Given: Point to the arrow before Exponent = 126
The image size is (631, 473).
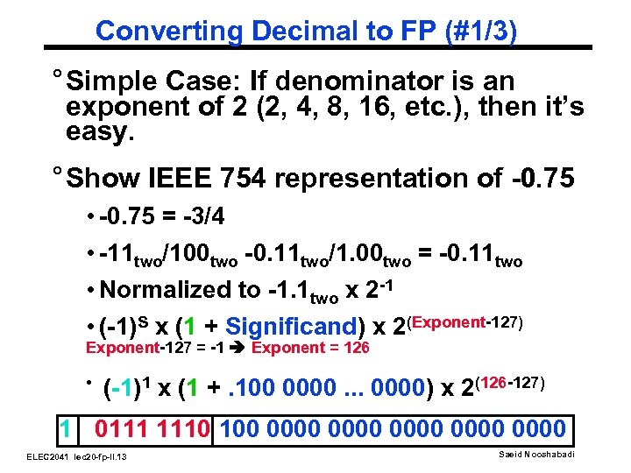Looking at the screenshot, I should click(x=238, y=348).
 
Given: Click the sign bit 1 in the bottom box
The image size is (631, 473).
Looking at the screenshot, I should click(x=65, y=429).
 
